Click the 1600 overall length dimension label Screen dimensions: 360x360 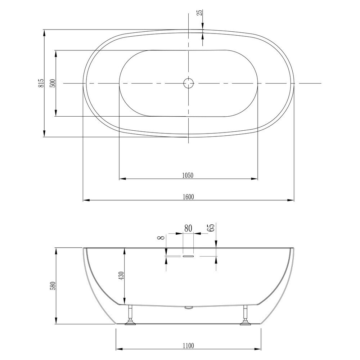(x=188, y=197)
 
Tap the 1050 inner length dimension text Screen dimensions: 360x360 (x=188, y=176)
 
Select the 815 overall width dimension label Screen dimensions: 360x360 (x=41, y=83)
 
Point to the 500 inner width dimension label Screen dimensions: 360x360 (x=53, y=83)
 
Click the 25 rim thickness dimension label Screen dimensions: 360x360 (x=200, y=12)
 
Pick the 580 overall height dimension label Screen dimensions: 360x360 (x=53, y=286)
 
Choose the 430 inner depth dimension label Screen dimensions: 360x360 (x=121, y=275)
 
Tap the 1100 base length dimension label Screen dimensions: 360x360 (x=188, y=346)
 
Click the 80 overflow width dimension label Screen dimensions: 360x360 (x=188, y=229)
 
